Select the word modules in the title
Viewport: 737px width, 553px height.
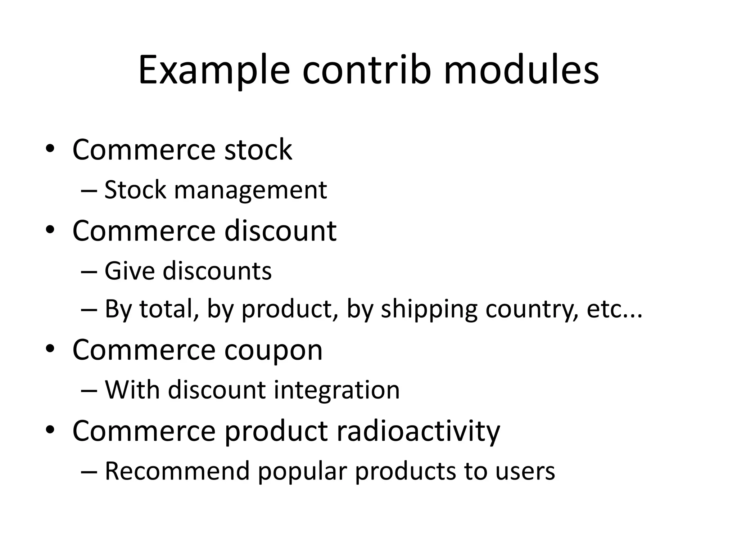[521, 71]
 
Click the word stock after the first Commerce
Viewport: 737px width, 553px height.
[258, 150]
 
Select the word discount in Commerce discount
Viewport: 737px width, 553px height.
[280, 230]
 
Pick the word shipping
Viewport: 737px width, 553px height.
[429, 310]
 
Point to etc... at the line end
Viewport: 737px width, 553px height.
[614, 310]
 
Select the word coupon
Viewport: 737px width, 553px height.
[273, 351]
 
